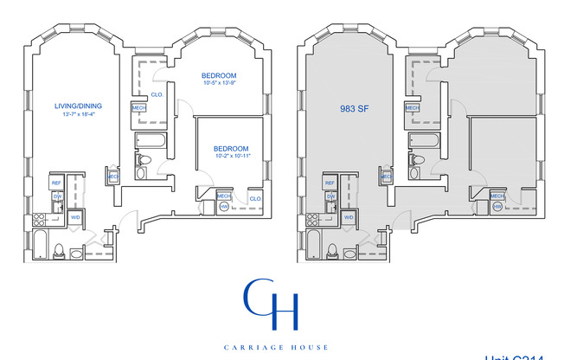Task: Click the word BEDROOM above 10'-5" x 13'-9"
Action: pyautogui.click(x=218, y=75)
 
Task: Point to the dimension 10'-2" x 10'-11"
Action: pyautogui.click(x=231, y=157)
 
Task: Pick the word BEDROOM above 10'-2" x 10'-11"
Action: pyautogui.click(x=231, y=148)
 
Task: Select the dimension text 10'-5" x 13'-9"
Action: pyautogui.click(x=218, y=85)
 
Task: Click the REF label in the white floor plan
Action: pyautogui.click(x=55, y=183)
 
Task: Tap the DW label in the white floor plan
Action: pyautogui.click(x=58, y=196)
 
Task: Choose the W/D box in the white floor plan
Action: pyautogui.click(x=75, y=217)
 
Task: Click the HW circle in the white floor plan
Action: pyautogui.click(x=223, y=207)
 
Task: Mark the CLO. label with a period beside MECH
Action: pyautogui.click(x=157, y=94)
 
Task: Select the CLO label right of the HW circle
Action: pyautogui.click(x=255, y=199)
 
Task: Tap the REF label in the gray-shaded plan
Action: pyautogui.click(x=330, y=183)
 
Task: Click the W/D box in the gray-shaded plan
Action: pyautogui.click(x=349, y=217)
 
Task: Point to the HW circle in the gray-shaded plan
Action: pyautogui.click(x=497, y=207)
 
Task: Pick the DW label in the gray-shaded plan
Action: pyautogui.click(x=331, y=196)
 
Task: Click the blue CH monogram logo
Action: pyautogui.click(x=271, y=304)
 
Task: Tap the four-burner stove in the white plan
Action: pyautogui.click(x=39, y=219)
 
